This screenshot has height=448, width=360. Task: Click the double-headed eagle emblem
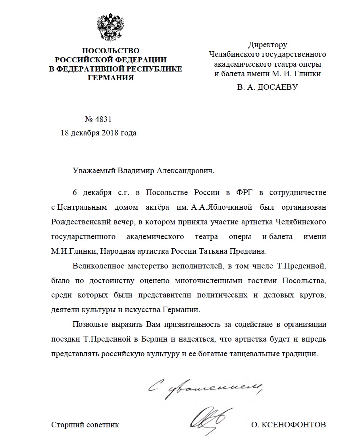111,28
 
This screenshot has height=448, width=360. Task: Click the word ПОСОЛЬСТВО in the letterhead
111,51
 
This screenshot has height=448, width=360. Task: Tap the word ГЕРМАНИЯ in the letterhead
111,77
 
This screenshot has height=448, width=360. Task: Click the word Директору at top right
268,45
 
